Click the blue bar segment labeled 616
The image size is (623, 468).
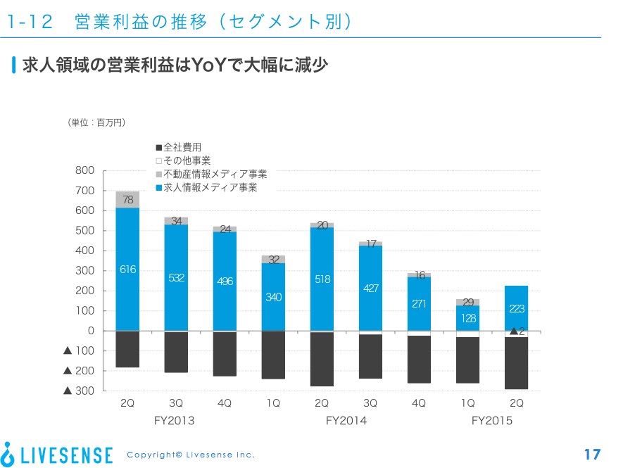(127, 269)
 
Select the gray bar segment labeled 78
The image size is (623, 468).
(127, 200)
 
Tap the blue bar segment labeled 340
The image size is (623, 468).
(273, 297)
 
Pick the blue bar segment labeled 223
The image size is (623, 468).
(517, 308)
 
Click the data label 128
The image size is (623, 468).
(468, 318)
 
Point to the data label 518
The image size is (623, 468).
(322, 279)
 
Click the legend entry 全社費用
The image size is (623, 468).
(179, 147)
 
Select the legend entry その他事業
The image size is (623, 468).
(184, 160)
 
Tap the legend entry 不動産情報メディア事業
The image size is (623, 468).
(211, 174)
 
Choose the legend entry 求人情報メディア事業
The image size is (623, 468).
(206, 187)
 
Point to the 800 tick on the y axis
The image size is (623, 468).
(84, 170)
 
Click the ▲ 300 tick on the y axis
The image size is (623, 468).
(79, 391)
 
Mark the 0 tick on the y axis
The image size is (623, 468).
(91, 331)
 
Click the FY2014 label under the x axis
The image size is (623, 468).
(346, 421)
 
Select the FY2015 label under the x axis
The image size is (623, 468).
(492, 421)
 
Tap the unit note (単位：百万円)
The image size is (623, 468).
(96, 122)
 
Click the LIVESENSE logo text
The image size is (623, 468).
(66, 455)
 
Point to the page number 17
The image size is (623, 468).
(592, 455)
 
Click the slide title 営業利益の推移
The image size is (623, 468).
(141, 21)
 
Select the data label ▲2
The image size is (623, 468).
(517, 331)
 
